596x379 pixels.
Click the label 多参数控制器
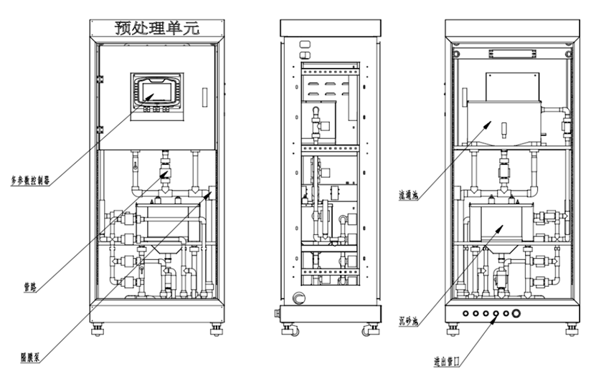[30, 180]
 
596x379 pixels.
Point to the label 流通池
[408, 193]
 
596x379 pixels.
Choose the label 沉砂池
[410, 320]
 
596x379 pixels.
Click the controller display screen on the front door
[155, 92]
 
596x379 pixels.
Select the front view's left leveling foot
[96, 331]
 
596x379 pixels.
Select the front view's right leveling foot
[214, 331]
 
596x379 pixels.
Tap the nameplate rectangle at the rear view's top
[511, 54]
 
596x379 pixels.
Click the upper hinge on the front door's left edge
[100, 76]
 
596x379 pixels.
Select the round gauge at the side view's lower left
[300, 299]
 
